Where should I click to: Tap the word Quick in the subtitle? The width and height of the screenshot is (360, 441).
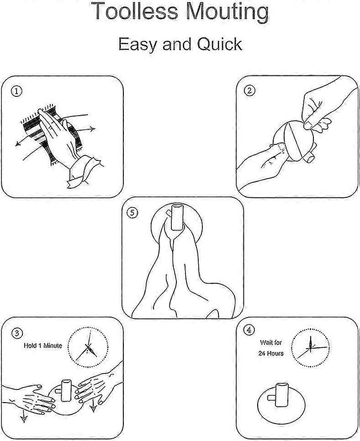[219, 44]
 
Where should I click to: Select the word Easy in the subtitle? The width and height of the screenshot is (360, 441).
[137, 45]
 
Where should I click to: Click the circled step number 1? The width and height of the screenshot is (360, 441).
[16, 91]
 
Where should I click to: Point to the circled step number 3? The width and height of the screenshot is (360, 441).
[17, 333]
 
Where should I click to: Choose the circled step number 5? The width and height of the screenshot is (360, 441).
[133, 213]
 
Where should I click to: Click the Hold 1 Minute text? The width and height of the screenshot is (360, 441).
[43, 345]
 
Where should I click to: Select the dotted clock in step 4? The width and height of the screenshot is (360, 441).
[311, 348]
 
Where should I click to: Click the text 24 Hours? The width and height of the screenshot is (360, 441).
[271, 353]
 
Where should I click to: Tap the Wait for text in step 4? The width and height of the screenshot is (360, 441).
[271, 343]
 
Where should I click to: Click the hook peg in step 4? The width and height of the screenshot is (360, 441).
[281, 394]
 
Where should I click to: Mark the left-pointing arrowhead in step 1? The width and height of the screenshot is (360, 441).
[18, 143]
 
